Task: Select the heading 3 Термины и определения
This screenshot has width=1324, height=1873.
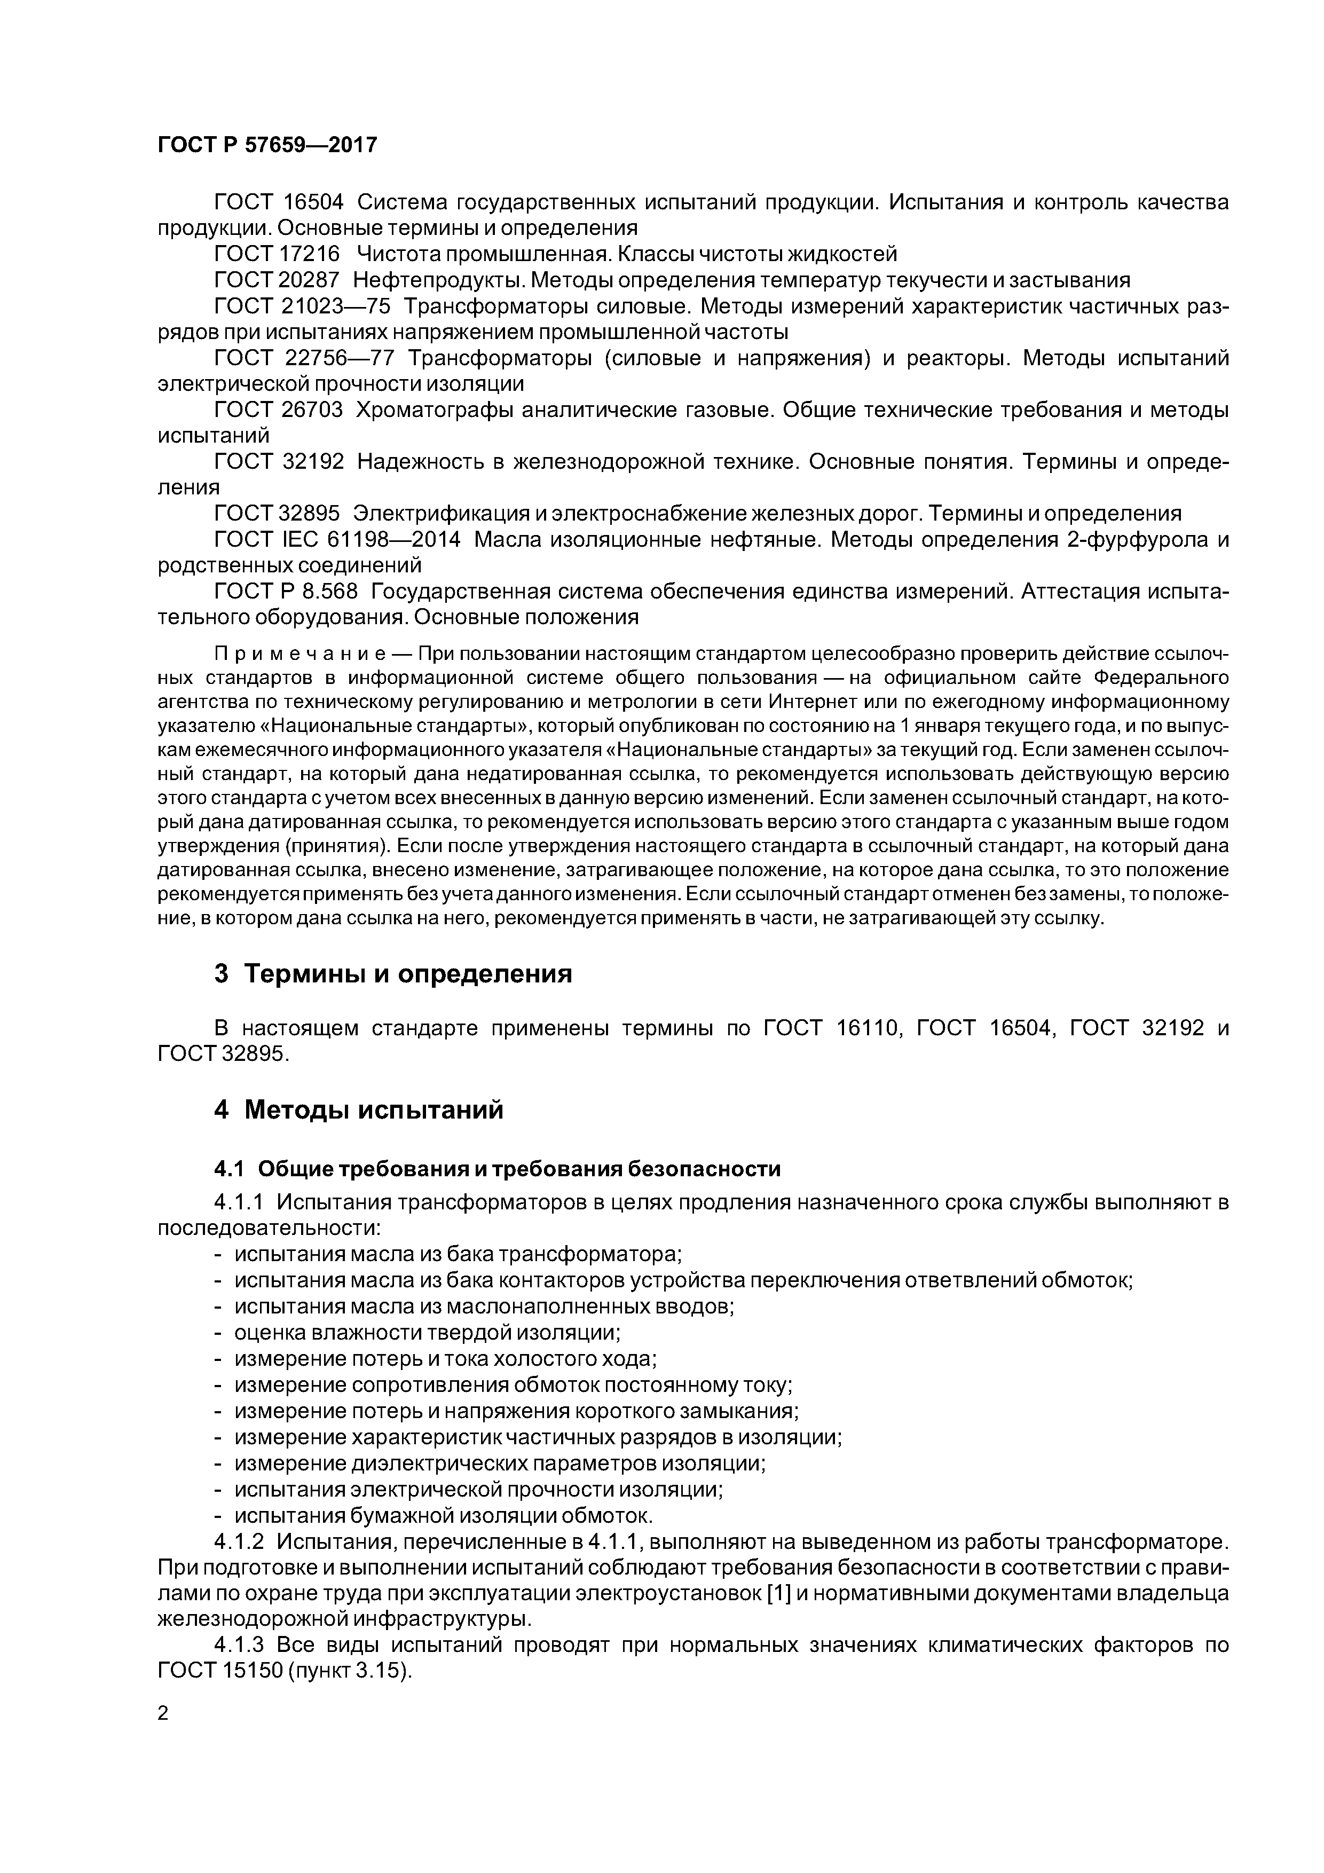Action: (393, 973)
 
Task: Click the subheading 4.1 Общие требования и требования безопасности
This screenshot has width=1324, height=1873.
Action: (497, 1169)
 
